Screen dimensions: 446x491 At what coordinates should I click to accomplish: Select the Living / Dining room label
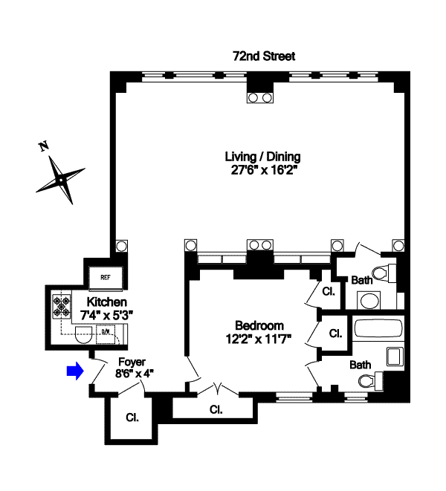tap(263, 156)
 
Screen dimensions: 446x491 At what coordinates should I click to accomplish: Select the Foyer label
tap(131, 362)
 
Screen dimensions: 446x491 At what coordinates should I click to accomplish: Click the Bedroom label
tap(259, 325)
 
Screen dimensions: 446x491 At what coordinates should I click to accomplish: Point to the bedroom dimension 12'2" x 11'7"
tap(259, 338)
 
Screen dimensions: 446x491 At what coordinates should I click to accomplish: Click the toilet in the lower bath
tap(366, 382)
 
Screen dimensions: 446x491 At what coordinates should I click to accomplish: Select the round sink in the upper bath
tap(369, 301)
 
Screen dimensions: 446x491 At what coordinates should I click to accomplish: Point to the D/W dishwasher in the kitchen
tap(107, 332)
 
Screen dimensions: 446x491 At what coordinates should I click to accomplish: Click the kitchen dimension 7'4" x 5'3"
tap(107, 315)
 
